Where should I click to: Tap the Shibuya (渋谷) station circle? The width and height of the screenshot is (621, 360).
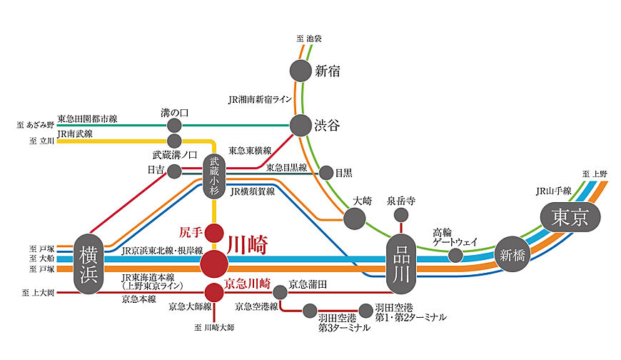click(301, 124)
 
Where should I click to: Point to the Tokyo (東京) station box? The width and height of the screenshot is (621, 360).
click(568, 216)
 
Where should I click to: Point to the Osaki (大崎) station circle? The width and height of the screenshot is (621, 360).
click(354, 219)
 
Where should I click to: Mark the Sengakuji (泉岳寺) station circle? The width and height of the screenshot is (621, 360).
click(400, 215)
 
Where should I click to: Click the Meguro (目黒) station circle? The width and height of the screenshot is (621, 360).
click(326, 172)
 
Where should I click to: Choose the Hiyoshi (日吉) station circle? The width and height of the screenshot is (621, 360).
click(174, 171)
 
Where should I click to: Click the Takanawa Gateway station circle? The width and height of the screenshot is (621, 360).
click(455, 255)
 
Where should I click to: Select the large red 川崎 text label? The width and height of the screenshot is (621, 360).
click(247, 245)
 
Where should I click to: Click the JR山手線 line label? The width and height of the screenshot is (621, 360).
click(553, 191)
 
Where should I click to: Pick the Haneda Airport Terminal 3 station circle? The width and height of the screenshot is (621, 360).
click(310, 311)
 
